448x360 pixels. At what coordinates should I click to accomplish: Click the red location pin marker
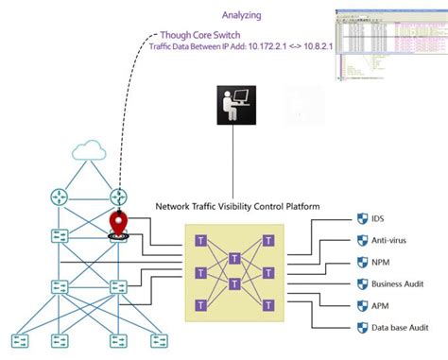119,224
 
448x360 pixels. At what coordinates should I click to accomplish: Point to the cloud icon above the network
87,152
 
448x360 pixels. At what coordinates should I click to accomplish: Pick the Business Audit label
390,283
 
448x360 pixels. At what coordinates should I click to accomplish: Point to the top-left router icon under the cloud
57,197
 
